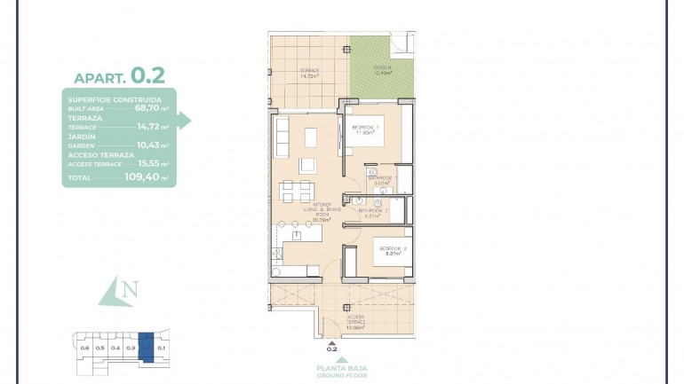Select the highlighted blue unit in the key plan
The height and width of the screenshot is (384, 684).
coord(147,343)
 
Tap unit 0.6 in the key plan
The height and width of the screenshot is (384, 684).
coord(85,348)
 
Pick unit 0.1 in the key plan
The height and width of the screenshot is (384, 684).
coord(162,348)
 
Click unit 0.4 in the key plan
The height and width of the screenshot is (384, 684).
coord(115,348)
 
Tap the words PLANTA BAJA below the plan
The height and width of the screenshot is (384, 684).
coord(340,368)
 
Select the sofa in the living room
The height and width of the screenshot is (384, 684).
coord(282,137)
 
